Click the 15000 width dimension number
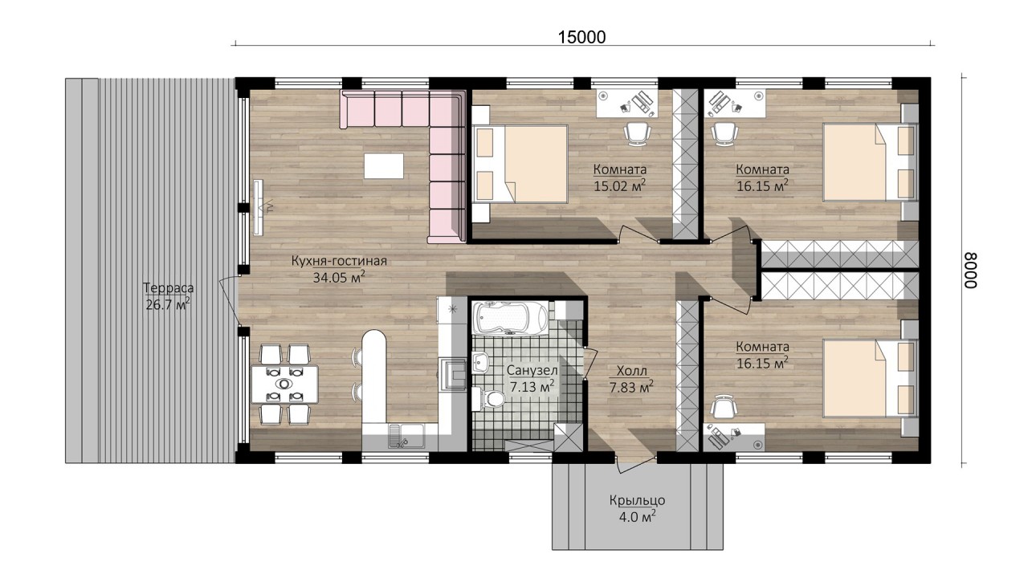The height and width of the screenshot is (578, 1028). (x=581, y=37)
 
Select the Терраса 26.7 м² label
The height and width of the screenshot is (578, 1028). (x=168, y=296)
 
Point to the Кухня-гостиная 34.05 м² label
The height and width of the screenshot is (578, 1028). (x=339, y=269)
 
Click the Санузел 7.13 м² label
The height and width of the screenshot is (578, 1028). (x=532, y=378)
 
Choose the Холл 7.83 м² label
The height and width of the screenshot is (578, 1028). (x=631, y=379)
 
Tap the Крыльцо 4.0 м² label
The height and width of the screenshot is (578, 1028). (x=638, y=509)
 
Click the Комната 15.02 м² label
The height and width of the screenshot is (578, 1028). (x=620, y=177)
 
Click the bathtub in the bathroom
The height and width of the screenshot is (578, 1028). (x=510, y=318)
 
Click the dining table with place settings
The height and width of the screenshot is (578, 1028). (x=284, y=384)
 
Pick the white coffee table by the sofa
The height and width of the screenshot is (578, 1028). (x=384, y=166)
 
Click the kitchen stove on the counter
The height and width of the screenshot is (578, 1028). (x=453, y=373)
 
